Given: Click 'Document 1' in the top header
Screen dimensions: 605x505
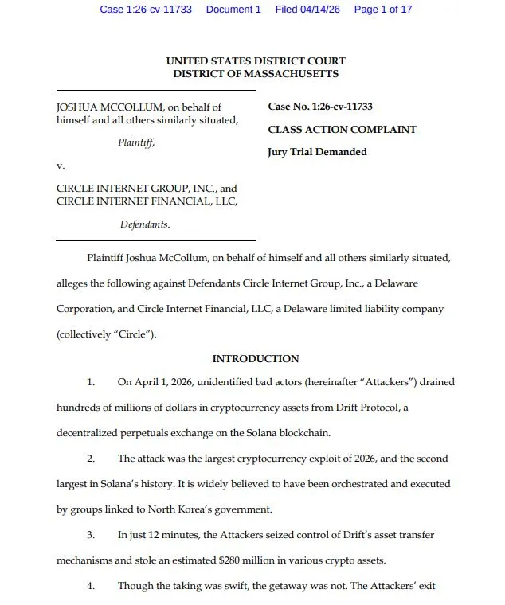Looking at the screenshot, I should pyautogui.click(x=233, y=10).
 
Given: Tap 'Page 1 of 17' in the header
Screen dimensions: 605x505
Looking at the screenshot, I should pyautogui.click(x=383, y=10).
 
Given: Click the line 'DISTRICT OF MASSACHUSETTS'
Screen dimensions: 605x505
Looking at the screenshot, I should pyautogui.click(x=256, y=74).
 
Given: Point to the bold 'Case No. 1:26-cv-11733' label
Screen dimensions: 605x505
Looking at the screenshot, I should pyautogui.click(x=320, y=107).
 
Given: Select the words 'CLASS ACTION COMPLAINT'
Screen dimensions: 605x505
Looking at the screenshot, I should pyautogui.click(x=342, y=129).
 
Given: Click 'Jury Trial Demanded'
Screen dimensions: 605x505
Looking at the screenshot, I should pyautogui.click(x=317, y=151).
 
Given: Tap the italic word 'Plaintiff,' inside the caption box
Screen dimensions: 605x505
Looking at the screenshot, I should pyautogui.click(x=136, y=142).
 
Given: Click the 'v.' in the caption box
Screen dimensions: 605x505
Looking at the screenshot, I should pyautogui.click(x=60, y=166).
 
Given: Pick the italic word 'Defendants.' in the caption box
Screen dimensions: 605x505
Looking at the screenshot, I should pyautogui.click(x=145, y=224).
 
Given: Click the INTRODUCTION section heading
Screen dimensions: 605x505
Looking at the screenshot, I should pyautogui.click(x=256, y=359).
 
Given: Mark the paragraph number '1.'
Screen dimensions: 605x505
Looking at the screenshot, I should pyautogui.click(x=91, y=382).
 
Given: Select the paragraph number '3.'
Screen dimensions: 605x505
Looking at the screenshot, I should pyautogui.click(x=91, y=535).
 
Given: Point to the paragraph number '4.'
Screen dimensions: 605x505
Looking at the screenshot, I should pyautogui.click(x=91, y=586).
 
